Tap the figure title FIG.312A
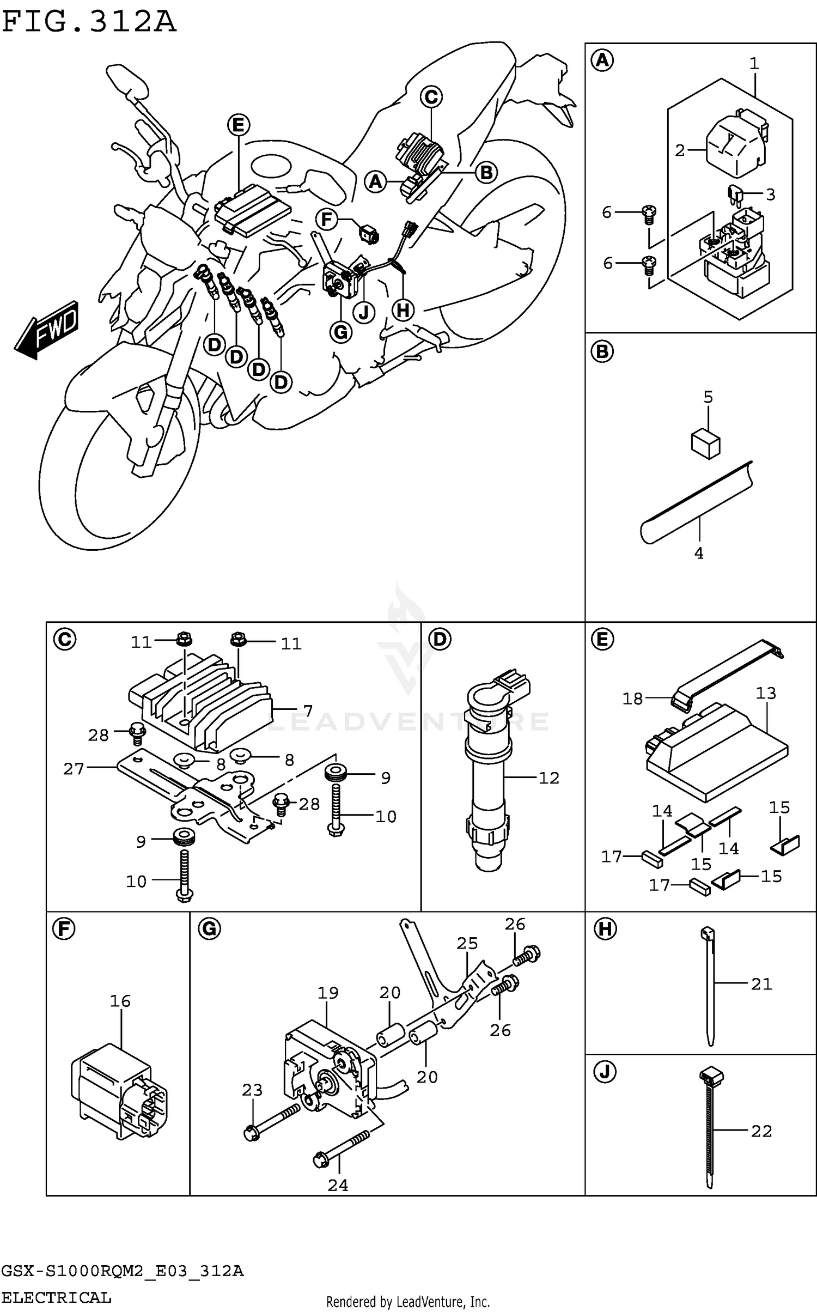tap(89, 23)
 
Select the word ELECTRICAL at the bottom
tap(56, 1297)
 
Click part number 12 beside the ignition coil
tap(549, 778)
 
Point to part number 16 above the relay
tap(120, 1001)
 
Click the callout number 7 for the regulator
tap(308, 711)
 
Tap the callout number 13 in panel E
tap(766, 693)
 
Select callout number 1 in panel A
tap(754, 64)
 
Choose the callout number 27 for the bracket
tap(74, 769)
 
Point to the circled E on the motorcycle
tap(239, 125)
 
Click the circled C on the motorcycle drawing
tap(431, 97)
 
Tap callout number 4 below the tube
tap(699, 554)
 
